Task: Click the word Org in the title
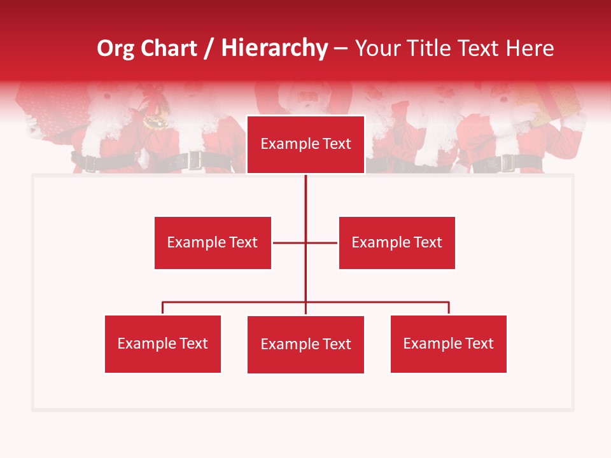(116, 48)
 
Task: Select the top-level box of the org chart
(305, 144)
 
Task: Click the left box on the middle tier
(213, 242)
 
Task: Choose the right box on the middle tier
(397, 242)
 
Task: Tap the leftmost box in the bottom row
(162, 343)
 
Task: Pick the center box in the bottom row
(305, 344)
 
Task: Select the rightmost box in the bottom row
(448, 343)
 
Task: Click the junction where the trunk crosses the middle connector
(305, 242)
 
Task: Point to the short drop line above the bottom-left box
(162, 308)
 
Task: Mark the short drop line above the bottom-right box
(449, 308)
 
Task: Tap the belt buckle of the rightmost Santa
(507, 163)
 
